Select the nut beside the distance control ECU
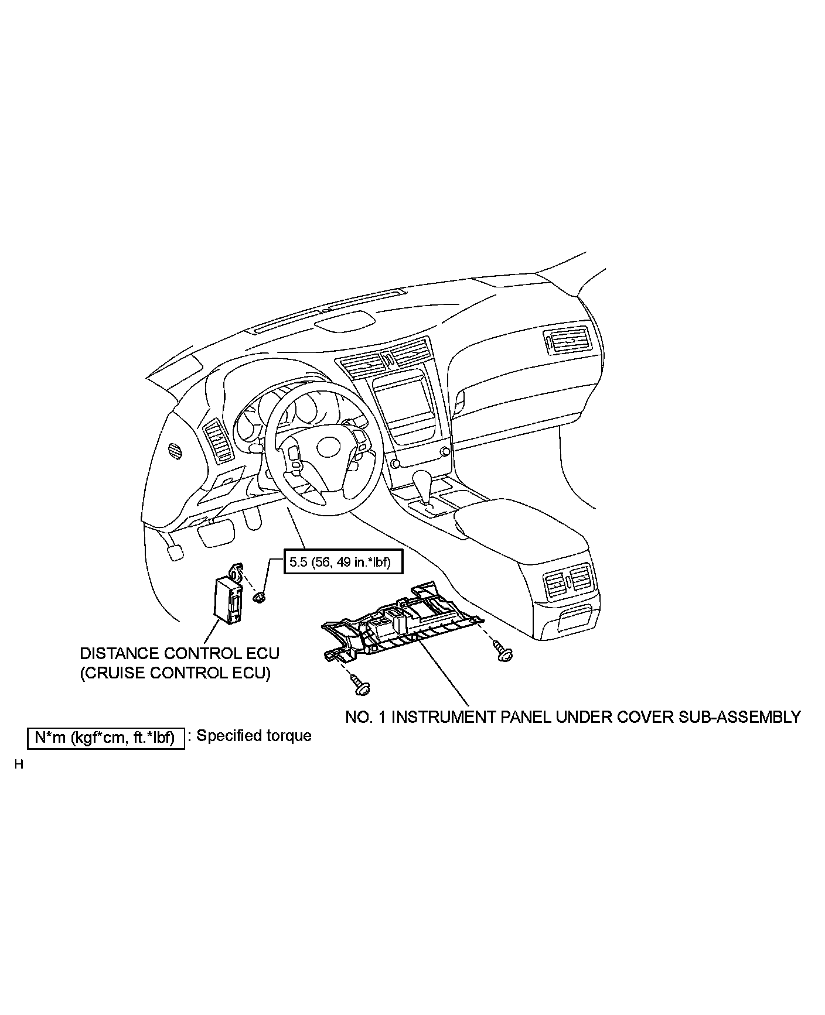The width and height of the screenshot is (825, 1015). coord(258,597)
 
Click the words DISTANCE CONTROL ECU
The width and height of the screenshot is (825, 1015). coord(179,653)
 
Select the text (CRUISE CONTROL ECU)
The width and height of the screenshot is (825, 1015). coord(175,673)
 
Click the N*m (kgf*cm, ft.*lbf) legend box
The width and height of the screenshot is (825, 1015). coord(106,738)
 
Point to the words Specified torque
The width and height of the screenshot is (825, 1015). coord(254,736)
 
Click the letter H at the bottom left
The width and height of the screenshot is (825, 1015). coord(19,764)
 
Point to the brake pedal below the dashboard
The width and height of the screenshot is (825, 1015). coord(216,534)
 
